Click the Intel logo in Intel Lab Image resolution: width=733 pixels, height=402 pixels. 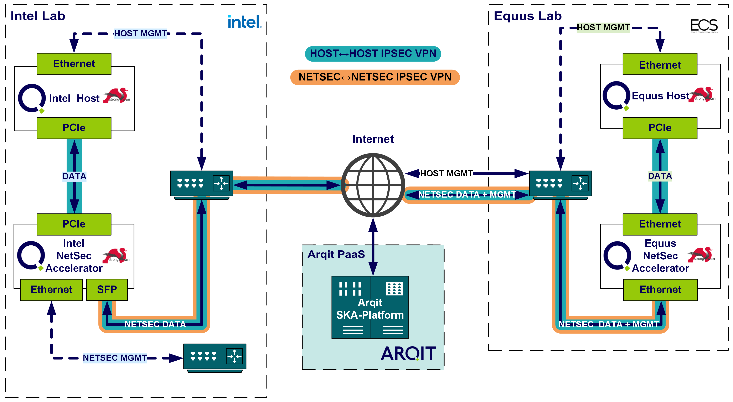(244, 22)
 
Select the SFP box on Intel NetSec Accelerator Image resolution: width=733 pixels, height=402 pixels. (107, 290)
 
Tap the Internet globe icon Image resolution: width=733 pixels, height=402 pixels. (373, 185)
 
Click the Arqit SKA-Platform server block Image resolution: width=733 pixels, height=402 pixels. (370, 307)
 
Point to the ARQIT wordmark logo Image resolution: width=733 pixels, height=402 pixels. (408, 354)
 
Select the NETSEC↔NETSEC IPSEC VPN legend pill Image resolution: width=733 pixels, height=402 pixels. (375, 77)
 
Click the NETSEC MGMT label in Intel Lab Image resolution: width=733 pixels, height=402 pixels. (115, 358)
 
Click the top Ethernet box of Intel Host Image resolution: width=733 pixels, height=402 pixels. (74, 64)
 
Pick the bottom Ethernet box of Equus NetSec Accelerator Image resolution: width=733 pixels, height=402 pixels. (660, 290)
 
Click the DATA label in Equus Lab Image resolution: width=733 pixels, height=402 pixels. (660, 176)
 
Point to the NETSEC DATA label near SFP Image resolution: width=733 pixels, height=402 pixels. (155, 324)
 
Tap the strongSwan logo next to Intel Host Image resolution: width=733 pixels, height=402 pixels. (117, 96)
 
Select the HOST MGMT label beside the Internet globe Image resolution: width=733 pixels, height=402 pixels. (446, 173)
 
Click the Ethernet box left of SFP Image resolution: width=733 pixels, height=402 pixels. (52, 290)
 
